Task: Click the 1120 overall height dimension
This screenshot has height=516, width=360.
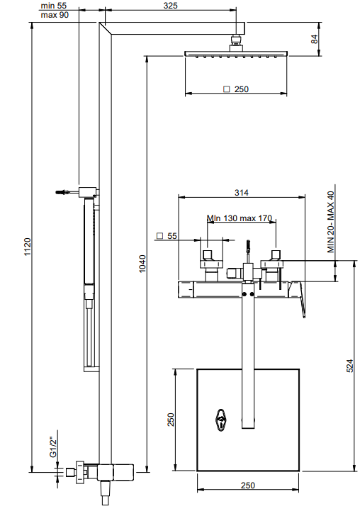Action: (28, 247)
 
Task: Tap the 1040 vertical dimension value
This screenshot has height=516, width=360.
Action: (142, 264)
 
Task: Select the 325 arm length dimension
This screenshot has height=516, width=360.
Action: (171, 6)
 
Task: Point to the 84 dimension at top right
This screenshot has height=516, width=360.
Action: (315, 39)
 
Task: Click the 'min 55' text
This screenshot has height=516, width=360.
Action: (53, 6)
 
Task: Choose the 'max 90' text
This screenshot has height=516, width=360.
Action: (55, 15)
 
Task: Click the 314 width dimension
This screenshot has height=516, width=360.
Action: (242, 193)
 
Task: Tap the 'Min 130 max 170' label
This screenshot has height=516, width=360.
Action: (240, 218)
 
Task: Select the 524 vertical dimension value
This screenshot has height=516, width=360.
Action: (350, 366)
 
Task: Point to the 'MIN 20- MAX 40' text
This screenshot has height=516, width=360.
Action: (331, 222)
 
